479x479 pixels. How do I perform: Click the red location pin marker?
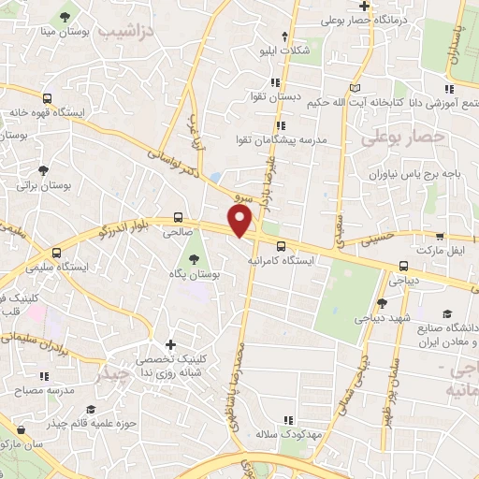click(240, 220)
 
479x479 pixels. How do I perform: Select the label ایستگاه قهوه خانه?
click(40, 111)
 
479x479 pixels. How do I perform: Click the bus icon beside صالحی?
click(179, 214)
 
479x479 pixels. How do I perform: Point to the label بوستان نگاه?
click(194, 274)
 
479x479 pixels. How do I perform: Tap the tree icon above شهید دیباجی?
click(382, 302)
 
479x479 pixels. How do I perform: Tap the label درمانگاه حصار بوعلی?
click(415, 18)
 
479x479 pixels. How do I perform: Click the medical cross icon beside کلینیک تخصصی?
click(170, 346)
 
